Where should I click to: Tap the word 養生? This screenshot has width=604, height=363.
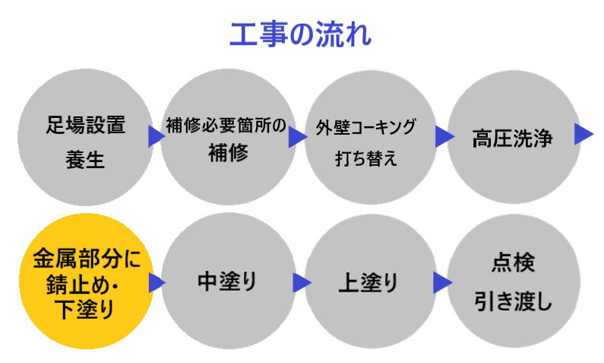(x=84, y=161)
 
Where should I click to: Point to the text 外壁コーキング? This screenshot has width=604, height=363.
(x=366, y=126)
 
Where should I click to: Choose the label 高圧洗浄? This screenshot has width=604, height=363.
(x=511, y=139)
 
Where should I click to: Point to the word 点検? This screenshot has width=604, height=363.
(x=511, y=264)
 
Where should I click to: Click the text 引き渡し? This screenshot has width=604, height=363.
(x=511, y=301)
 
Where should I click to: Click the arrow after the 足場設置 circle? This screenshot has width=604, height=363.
(x=157, y=137)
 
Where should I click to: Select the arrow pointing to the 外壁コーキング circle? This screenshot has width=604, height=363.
(x=297, y=137)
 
